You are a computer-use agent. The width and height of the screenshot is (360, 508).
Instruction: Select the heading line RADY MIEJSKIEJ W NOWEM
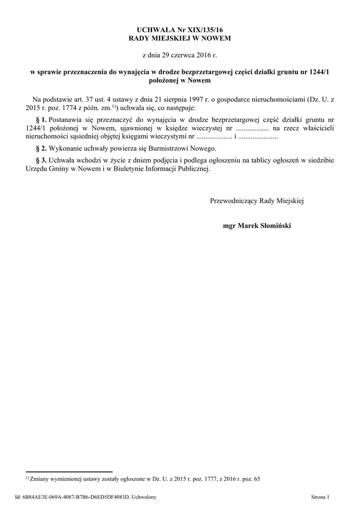click(x=180, y=38)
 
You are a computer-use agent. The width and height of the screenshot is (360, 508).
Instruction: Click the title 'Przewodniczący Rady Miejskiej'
click(x=256, y=201)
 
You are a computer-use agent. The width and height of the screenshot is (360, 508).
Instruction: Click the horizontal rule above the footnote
click(x=69, y=471)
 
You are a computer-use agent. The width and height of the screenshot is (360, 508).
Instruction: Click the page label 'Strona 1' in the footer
click(x=320, y=496)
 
